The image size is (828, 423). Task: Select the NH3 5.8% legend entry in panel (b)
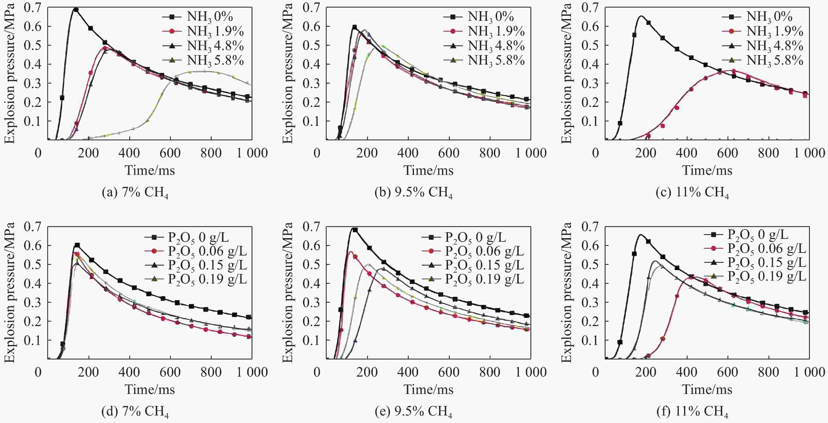click(x=484, y=60)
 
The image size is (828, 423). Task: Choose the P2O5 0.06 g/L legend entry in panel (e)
click(x=473, y=251)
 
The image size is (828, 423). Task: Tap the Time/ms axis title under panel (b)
click(x=428, y=170)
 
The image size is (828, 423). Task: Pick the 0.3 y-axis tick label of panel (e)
click(x=312, y=302)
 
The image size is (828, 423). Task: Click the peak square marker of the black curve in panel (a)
click(x=76, y=10)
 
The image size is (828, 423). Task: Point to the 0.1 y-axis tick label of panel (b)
click(x=312, y=121)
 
